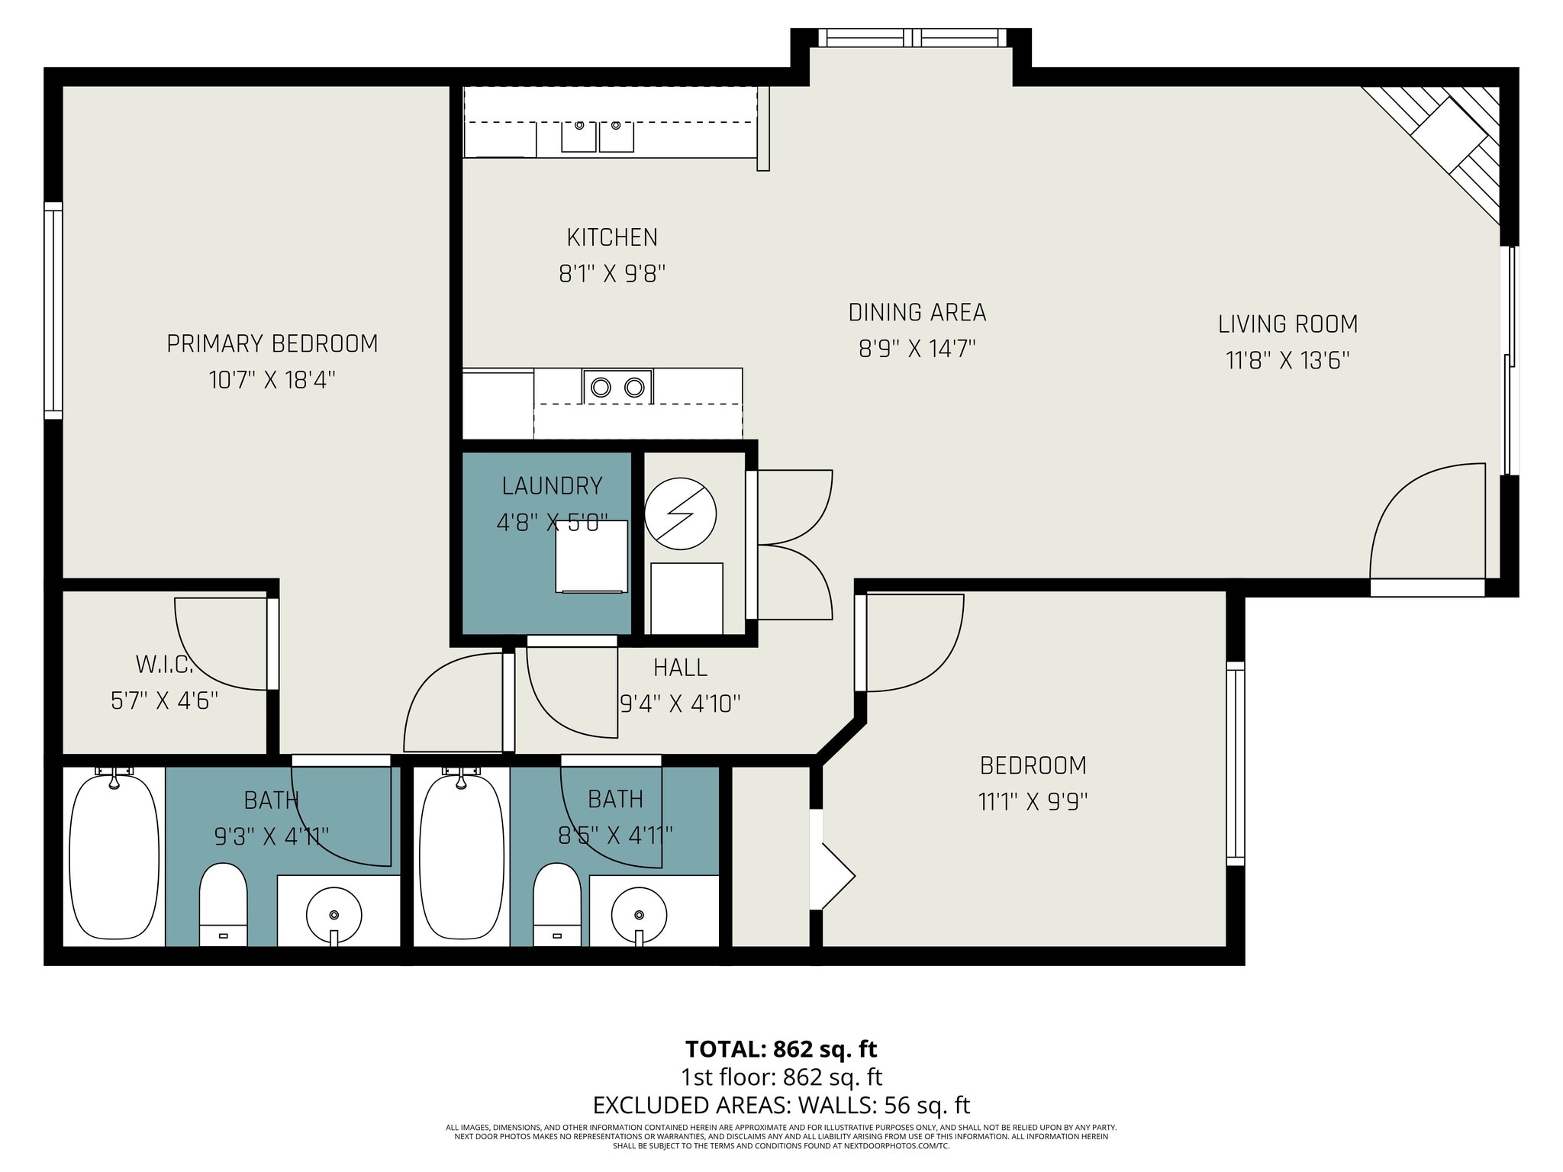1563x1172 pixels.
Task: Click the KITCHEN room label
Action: pos(612,237)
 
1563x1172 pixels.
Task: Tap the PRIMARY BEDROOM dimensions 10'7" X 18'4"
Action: pos(272,380)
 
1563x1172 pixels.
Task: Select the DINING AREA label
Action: pos(917,312)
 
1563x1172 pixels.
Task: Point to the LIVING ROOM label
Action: pos(1288,324)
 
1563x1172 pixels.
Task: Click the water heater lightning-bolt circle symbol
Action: pos(680,514)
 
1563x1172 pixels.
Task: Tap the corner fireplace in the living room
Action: pos(1448,145)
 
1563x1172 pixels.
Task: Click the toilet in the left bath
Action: pos(223,905)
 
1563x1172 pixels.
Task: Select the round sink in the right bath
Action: pos(639,914)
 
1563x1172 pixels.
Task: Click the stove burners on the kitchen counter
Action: pos(617,387)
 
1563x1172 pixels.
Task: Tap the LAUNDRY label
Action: pos(552,486)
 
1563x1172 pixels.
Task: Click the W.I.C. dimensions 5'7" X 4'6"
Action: pos(165,700)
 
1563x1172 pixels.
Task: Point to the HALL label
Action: pos(680,668)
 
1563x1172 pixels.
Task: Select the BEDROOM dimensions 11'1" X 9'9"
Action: pos(1033,802)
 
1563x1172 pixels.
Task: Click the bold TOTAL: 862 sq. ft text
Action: pos(781,1049)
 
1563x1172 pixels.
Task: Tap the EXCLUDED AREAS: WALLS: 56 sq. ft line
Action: pos(781,1105)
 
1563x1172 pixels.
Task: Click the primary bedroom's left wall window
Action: pos(53,311)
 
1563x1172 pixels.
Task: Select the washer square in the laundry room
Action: pos(591,557)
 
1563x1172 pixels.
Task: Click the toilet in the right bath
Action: pos(556,905)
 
